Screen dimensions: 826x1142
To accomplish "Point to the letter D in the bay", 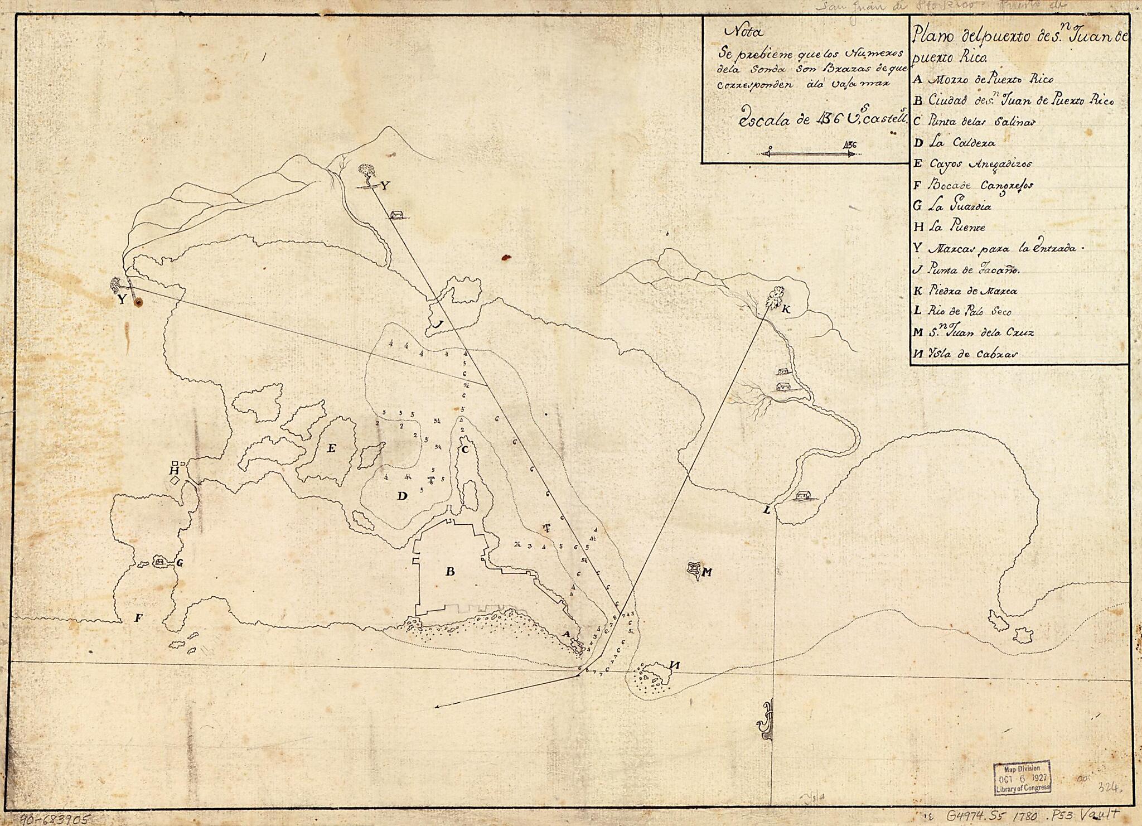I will tap(402, 495).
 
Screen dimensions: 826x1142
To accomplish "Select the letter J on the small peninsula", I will tap(438, 324).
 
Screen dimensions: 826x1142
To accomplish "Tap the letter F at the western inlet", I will tap(138, 617).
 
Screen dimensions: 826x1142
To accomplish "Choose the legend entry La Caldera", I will tap(954, 143).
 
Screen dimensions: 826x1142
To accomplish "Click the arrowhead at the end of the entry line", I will tap(438, 707).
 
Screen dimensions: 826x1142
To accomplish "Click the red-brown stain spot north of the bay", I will tap(506, 257).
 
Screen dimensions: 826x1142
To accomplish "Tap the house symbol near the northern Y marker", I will tap(396, 215).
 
